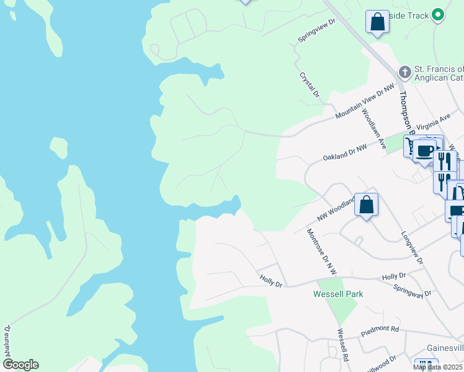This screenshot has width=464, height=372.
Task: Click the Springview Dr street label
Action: click(316, 30)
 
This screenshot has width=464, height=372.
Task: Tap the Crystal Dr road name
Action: click(309, 85)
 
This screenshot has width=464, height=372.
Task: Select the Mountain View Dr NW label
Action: click(365, 102)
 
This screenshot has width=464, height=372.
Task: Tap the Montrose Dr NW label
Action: click(321, 251)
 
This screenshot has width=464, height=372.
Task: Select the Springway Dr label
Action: click(412, 290)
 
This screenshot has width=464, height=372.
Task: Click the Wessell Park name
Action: click(338, 294)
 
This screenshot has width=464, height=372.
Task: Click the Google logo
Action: click(20, 365)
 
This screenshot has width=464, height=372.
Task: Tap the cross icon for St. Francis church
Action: click(404, 72)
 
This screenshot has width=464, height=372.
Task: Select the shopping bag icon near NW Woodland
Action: click(367, 204)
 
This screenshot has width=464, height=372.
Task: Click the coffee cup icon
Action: click(426, 151)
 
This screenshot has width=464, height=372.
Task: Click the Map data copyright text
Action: click(438, 367)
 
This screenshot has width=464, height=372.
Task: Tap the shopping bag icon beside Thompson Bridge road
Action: click(377, 22)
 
